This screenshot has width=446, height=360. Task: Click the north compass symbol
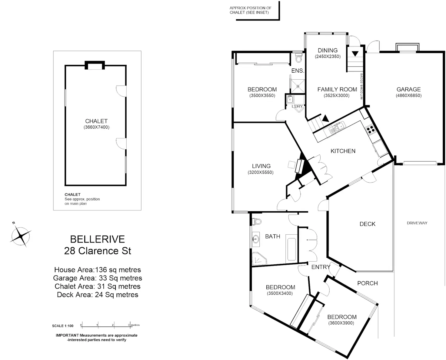(21, 236)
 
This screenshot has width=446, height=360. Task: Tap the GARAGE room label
(408, 89)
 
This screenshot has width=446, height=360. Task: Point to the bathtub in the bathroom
(291, 249)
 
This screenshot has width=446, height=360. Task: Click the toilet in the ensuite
(299, 58)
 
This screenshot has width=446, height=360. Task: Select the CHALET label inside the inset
(96, 121)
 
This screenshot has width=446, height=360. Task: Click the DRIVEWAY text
(417, 223)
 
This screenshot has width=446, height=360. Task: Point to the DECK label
(367, 224)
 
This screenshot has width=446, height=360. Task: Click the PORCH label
(367, 283)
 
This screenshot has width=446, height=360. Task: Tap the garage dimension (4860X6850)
(408, 96)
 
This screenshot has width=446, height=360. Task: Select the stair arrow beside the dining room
(355, 54)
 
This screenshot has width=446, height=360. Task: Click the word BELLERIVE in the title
(98, 239)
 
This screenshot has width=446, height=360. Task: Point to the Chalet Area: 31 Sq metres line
(98, 286)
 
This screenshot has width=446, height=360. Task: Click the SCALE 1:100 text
(63, 326)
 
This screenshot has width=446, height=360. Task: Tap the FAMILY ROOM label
(337, 89)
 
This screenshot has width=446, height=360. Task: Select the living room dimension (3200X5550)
(261, 173)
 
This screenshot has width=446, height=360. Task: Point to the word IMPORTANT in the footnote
(67, 335)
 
